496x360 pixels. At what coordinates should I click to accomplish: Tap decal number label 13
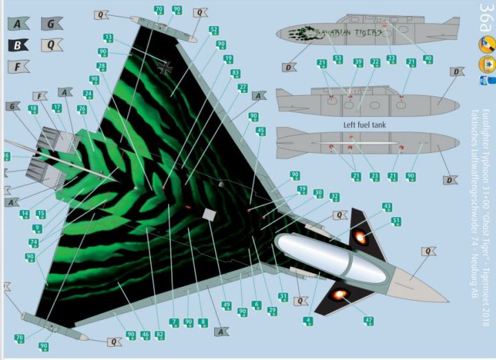pyautogui.click(x=108, y=38)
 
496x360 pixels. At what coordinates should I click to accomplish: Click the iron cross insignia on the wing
pyautogui.click(x=164, y=67)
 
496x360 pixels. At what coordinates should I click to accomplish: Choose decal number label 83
pyautogui.click(x=236, y=73)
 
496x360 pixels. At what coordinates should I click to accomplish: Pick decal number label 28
pyautogui.click(x=102, y=67)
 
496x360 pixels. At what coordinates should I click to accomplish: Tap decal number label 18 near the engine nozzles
pyautogui.click(x=33, y=109)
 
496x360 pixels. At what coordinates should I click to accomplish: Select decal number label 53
pyautogui.click(x=338, y=59)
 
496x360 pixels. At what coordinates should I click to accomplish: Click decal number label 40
pyautogui.click(x=428, y=59)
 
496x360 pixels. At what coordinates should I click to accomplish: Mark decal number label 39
pyautogui.click(x=358, y=63)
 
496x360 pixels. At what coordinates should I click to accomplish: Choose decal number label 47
pyautogui.click(x=369, y=321)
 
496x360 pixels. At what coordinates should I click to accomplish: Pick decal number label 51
pyautogui.click(x=396, y=221)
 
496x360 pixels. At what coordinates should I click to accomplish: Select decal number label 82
pyautogui.click(x=160, y=335)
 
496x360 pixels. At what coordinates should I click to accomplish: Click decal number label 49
pyautogui.click(x=226, y=304)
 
